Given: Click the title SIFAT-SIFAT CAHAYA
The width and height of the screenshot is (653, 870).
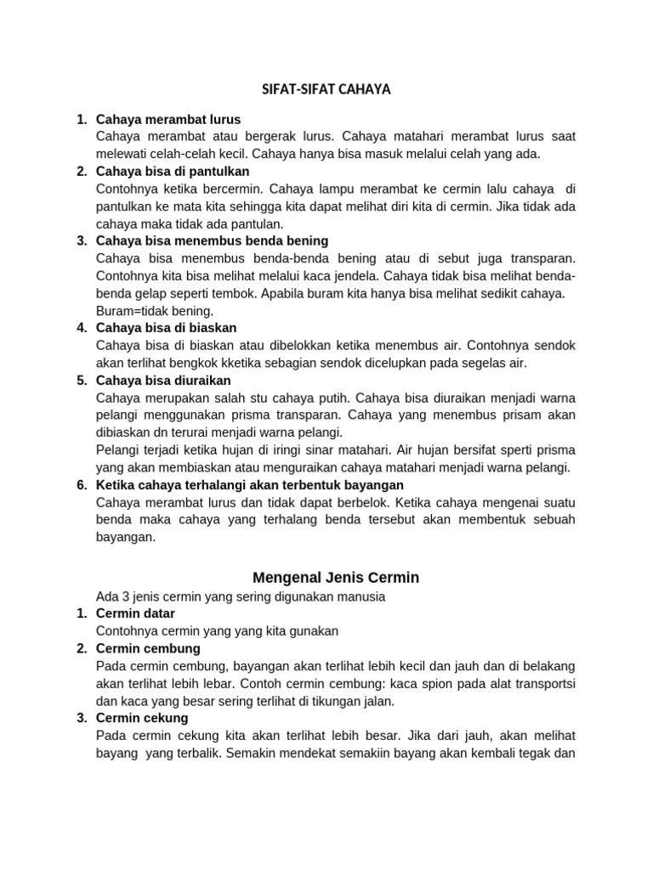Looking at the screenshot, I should (x=326, y=89).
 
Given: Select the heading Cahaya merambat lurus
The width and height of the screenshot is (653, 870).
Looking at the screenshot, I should (x=168, y=119).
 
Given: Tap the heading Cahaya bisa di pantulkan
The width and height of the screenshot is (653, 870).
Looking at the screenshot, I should (x=173, y=172).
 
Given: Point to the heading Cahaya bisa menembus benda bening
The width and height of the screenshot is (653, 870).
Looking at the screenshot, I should (x=212, y=240).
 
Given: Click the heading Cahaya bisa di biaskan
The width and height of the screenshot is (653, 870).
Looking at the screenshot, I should (x=167, y=327).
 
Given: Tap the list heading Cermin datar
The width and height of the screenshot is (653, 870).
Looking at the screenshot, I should (x=136, y=613).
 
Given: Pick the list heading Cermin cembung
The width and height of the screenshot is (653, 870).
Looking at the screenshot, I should (x=148, y=648).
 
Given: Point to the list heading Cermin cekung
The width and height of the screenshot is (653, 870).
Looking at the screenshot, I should (x=143, y=718).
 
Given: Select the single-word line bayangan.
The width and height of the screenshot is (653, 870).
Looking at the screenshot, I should (x=126, y=536).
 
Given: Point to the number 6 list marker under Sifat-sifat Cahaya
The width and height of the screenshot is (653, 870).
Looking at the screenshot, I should (x=82, y=484).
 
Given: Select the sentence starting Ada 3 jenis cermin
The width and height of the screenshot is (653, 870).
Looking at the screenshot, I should (x=241, y=596).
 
